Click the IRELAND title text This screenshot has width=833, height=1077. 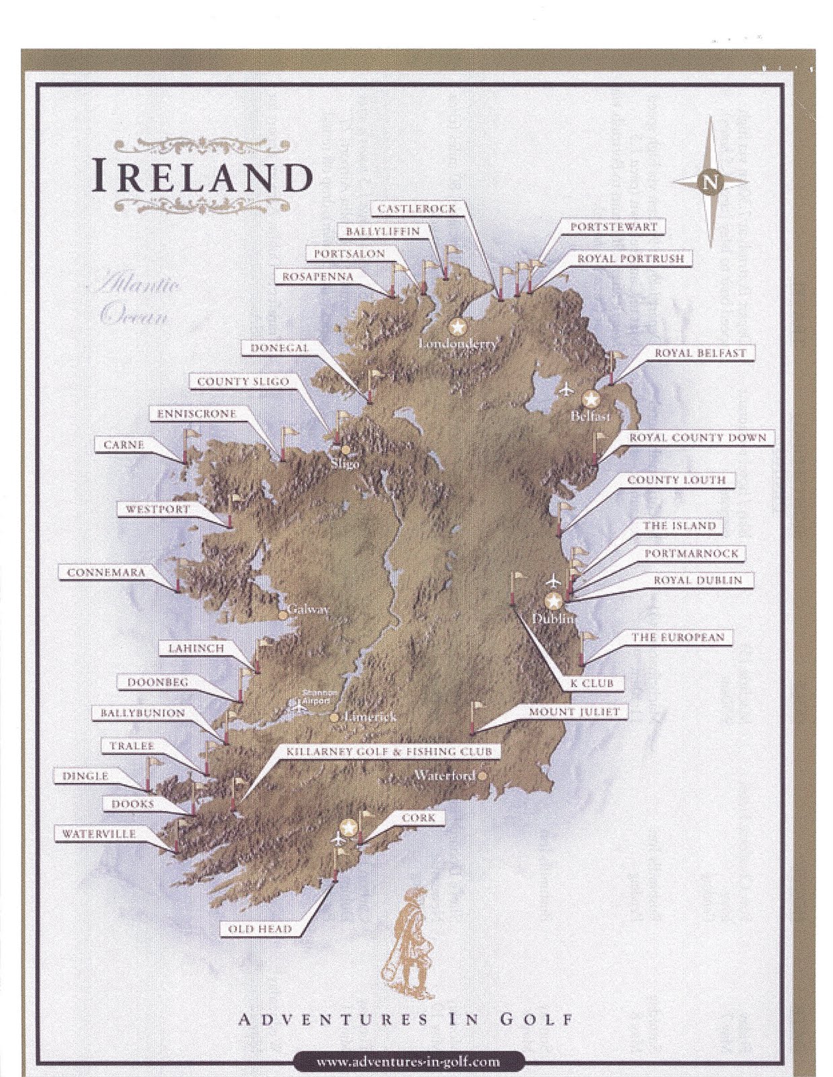tap(203, 176)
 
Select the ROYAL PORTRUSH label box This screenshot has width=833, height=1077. tap(630, 258)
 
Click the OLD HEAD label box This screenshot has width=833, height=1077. tap(260, 929)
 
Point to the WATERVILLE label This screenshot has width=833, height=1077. tap(99, 834)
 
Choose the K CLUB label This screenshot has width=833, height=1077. tap(592, 683)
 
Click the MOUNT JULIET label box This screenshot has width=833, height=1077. tap(574, 712)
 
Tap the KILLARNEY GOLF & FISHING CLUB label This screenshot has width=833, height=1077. tap(389, 751)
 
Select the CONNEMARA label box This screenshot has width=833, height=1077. tap(106, 573)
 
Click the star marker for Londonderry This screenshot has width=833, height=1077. tap(458, 327)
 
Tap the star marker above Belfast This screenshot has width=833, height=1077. tap(591, 399)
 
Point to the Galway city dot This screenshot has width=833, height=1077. tap(283, 615)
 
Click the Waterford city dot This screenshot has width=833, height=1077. tap(482, 776)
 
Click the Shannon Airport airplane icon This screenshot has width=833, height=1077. tap(297, 706)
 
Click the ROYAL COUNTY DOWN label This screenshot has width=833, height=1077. tap(697, 438)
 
